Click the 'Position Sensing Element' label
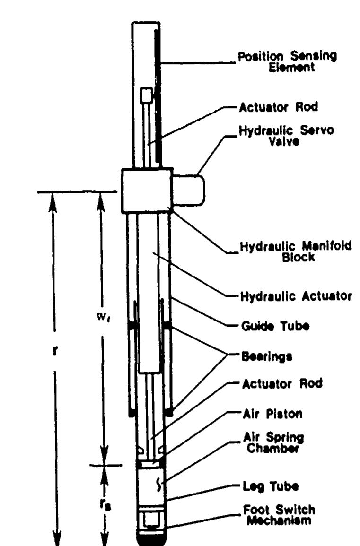(288, 62)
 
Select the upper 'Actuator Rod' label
(279, 107)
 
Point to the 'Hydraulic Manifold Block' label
(296, 252)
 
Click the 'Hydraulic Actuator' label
(296, 297)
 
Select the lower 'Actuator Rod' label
(282, 384)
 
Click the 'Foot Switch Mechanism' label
(279, 515)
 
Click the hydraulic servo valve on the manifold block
(188, 190)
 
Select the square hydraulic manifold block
(147, 190)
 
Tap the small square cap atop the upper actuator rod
(146, 95)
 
